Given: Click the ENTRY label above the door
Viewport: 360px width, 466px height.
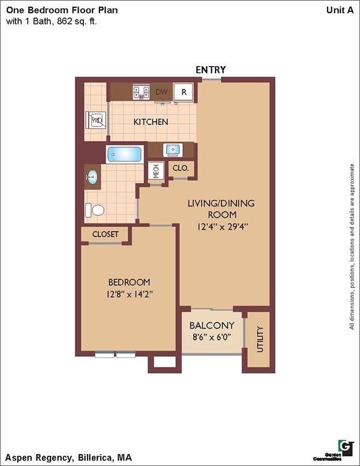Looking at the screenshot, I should (211, 70).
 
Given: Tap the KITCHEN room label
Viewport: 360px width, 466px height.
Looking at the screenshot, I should (151, 122).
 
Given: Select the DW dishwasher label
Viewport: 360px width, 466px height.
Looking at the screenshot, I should (161, 92).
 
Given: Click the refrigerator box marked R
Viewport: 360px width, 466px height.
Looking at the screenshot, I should (185, 92).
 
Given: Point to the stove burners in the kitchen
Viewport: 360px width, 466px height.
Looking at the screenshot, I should (141, 92).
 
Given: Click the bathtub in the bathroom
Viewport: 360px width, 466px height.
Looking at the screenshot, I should (124, 154).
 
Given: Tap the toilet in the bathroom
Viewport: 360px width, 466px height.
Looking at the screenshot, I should (95, 210).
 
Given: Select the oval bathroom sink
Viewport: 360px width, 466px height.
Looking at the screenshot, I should (92, 177).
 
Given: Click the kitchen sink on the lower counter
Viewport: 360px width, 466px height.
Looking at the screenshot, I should (173, 150).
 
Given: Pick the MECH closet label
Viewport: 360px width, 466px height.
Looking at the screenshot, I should (156, 171).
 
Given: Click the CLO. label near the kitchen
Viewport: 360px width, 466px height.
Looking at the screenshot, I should (181, 169).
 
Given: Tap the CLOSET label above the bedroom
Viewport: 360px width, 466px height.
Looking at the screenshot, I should (105, 234).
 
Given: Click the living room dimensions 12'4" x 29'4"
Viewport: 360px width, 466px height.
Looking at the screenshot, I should (221, 226).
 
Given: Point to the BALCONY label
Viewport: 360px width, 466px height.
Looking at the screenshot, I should (212, 325).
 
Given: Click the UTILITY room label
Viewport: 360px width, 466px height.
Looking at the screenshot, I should (260, 339).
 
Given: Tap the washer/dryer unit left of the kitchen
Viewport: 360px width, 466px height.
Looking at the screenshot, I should (97, 120).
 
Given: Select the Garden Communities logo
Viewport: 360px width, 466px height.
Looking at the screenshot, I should (345, 447).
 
